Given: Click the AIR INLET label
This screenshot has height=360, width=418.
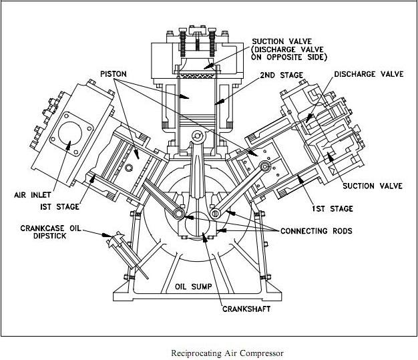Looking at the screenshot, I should tap(34, 196).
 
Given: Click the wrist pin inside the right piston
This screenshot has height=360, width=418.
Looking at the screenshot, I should tap(266, 165).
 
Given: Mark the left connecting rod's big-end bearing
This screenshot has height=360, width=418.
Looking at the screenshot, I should tap(180, 213).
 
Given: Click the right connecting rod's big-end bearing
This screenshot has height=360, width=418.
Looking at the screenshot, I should tap(217, 212).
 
